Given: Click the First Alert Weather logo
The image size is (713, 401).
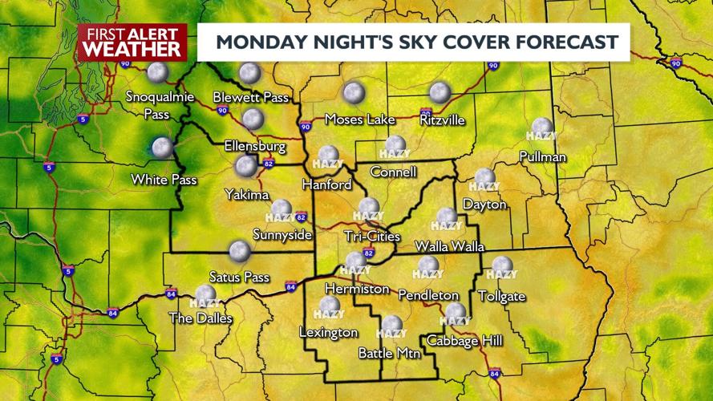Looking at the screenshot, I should click(132, 42).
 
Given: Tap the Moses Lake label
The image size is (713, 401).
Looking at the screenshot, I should click(359, 119).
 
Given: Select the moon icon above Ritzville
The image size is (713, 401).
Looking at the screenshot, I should click(439, 92).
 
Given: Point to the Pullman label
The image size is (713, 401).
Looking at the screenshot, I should click(542, 156).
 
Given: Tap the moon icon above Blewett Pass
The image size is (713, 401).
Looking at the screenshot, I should click(250, 73).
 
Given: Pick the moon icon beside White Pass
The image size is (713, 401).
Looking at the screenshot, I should click(163, 148).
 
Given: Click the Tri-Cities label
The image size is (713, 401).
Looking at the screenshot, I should click(371, 236).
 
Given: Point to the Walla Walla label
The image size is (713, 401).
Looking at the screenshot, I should click(449, 245).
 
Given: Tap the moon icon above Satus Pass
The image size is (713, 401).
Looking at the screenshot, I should click(239, 251).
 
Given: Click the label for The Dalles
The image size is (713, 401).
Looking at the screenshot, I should click(201, 318).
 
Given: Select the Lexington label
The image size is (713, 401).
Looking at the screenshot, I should click(328, 332).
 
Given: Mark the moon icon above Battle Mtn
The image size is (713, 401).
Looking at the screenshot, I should click(391, 324).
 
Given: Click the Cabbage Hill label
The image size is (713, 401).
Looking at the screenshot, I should click(464, 341).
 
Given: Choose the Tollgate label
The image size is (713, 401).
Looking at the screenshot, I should click(501, 297).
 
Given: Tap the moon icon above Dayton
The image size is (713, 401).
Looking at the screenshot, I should click(484, 178).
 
